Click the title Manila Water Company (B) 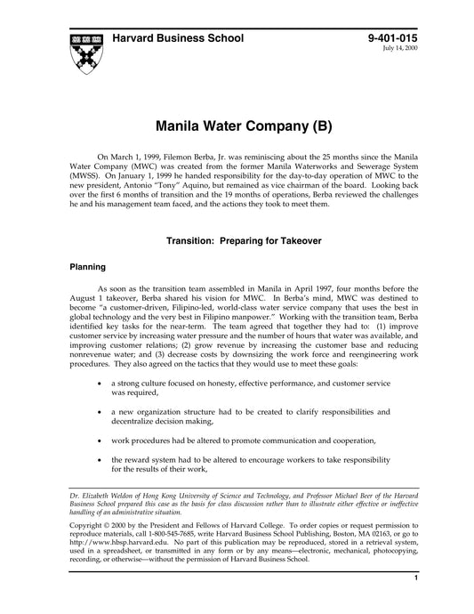point(237,124)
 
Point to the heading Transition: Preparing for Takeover point(237,240)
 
